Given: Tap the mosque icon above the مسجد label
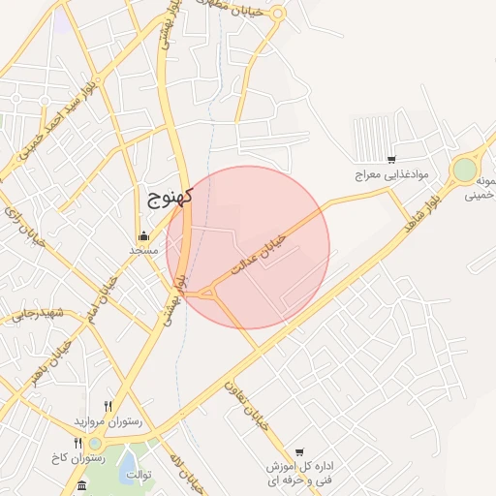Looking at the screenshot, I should [143, 235].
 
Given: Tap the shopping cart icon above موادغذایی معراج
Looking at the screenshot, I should [390, 160].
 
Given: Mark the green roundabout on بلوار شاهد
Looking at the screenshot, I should [465, 170].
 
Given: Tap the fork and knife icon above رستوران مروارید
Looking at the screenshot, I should [108, 407].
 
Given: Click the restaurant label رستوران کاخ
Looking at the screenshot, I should [77, 456].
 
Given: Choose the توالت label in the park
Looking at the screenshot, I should [143, 475].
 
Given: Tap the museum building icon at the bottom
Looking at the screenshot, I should [81, 484].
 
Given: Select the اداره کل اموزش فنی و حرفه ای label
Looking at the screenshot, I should [303, 474].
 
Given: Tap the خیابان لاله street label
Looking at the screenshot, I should [184, 470].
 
